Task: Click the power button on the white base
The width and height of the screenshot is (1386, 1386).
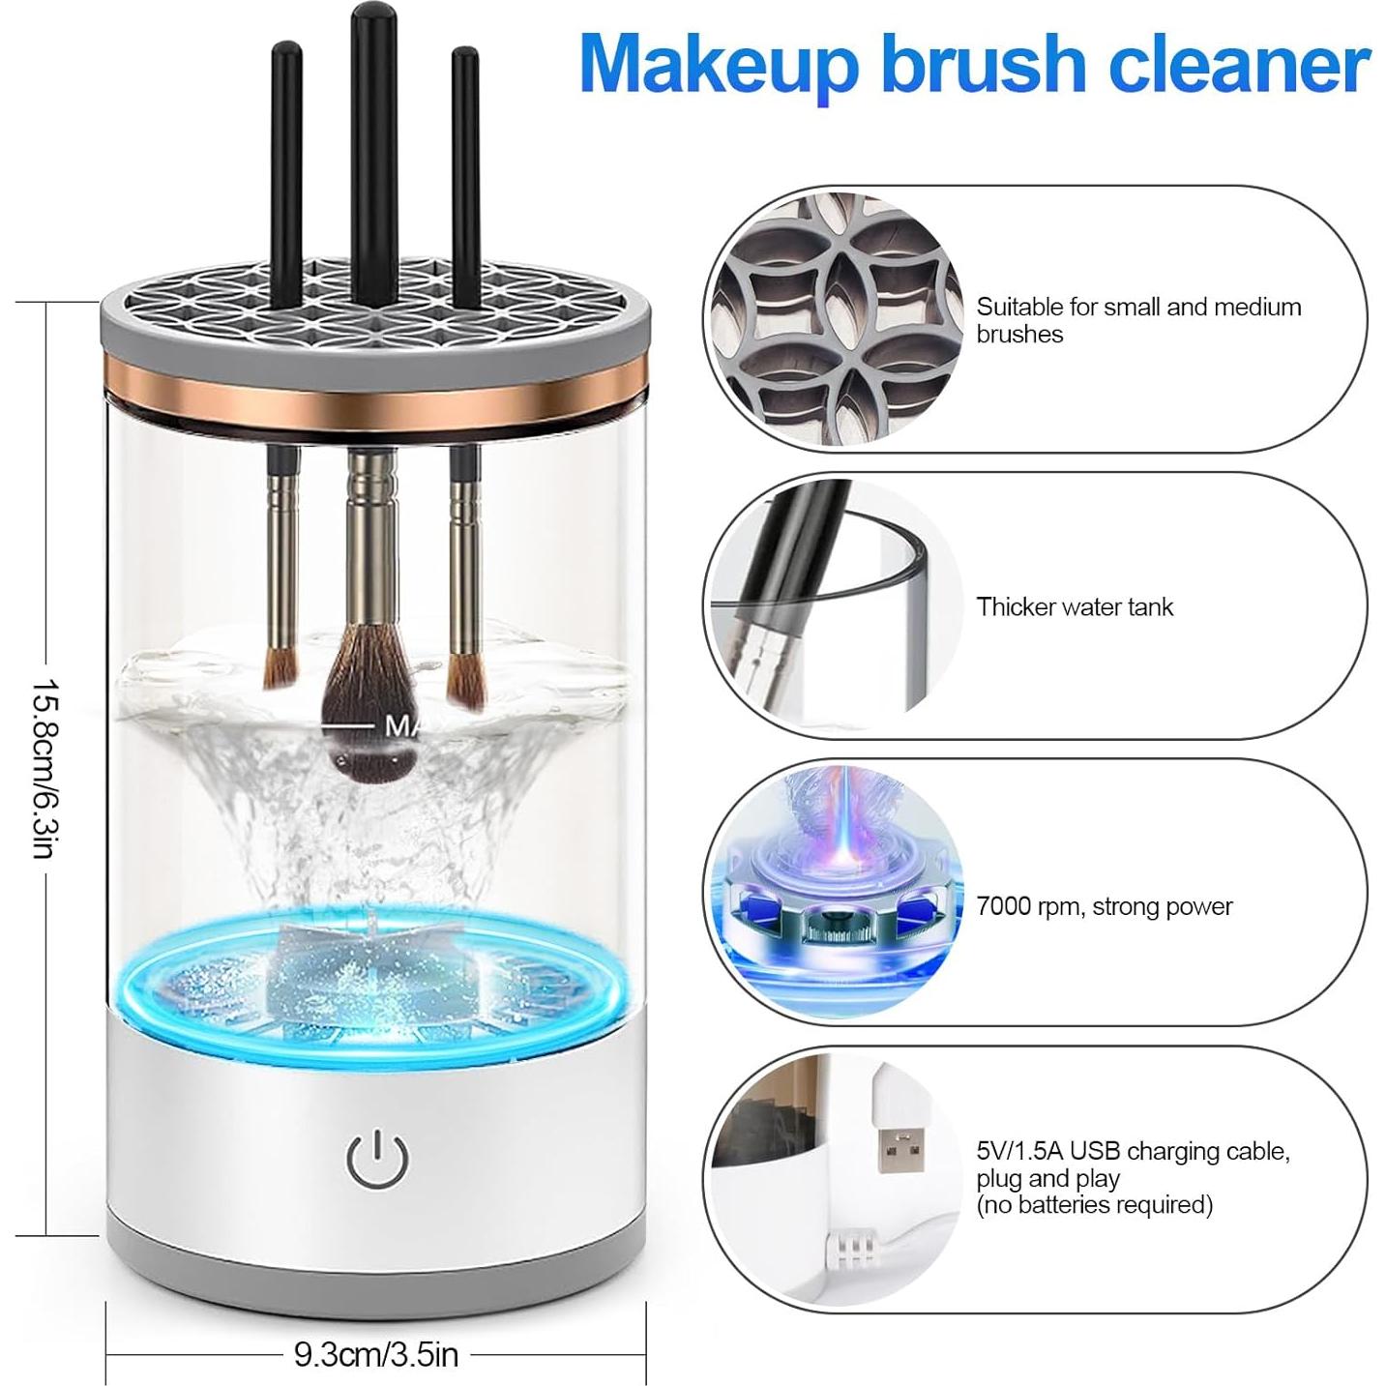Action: click(377, 1159)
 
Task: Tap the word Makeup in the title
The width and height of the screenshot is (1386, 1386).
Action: click(718, 64)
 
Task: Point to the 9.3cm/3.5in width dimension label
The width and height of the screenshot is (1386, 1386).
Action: click(375, 1354)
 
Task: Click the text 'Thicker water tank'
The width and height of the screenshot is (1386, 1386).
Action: click(1074, 606)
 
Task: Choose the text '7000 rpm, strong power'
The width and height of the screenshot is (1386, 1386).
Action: click(1104, 906)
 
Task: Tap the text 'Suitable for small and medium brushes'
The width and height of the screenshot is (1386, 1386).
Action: click(1137, 320)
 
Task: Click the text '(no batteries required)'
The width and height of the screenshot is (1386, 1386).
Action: click(1094, 1204)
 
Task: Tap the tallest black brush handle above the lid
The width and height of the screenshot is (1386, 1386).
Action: click(369, 145)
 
